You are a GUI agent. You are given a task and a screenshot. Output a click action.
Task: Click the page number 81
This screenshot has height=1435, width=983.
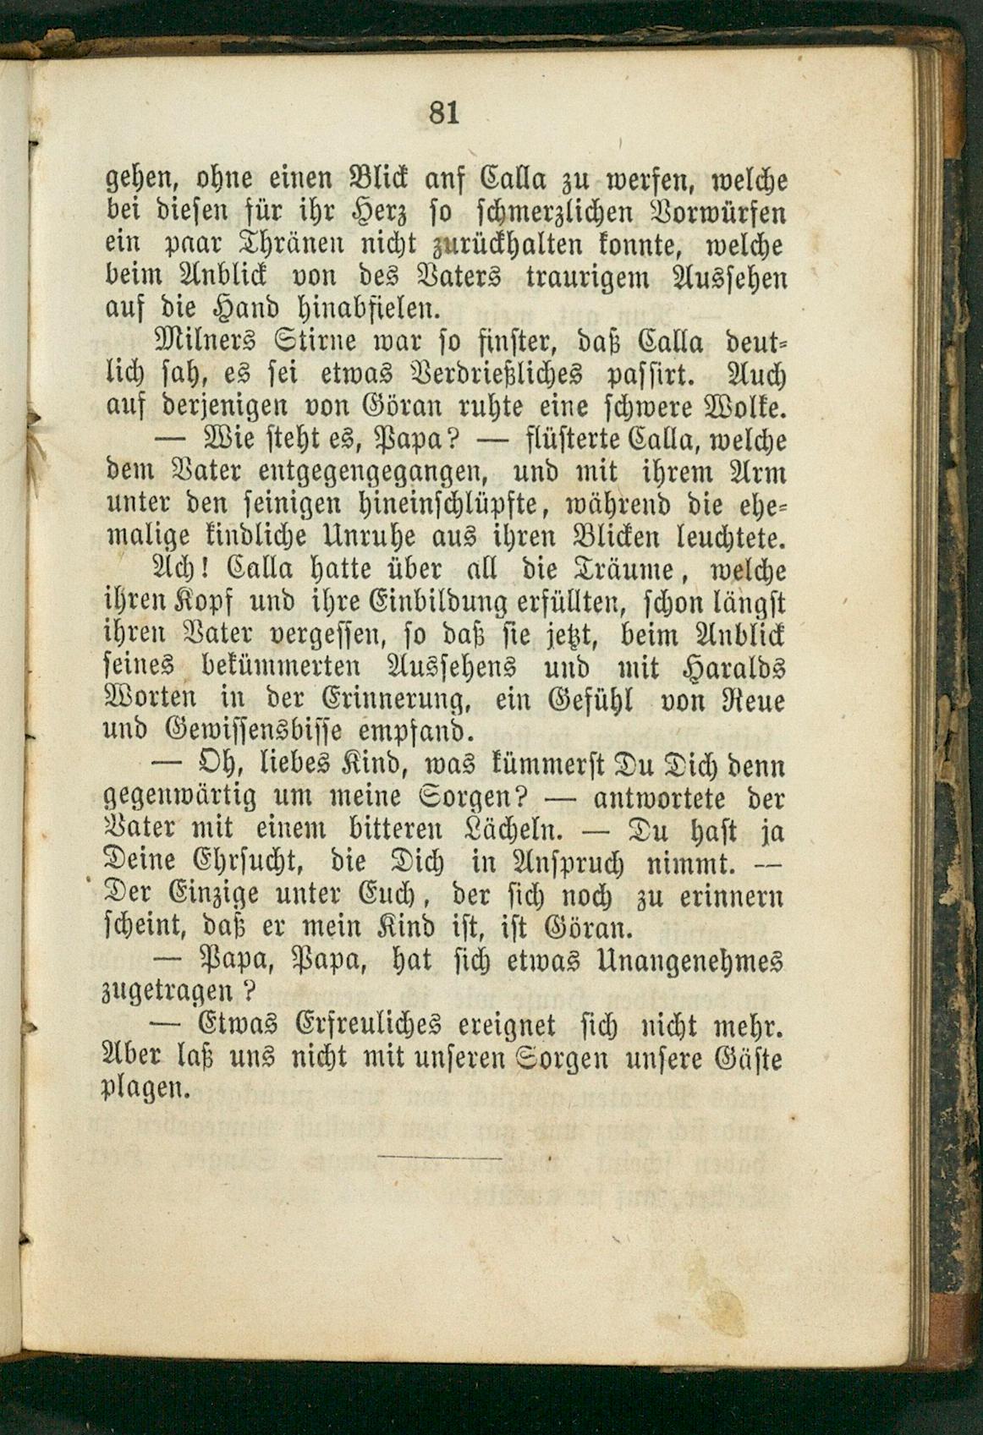(x=443, y=112)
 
